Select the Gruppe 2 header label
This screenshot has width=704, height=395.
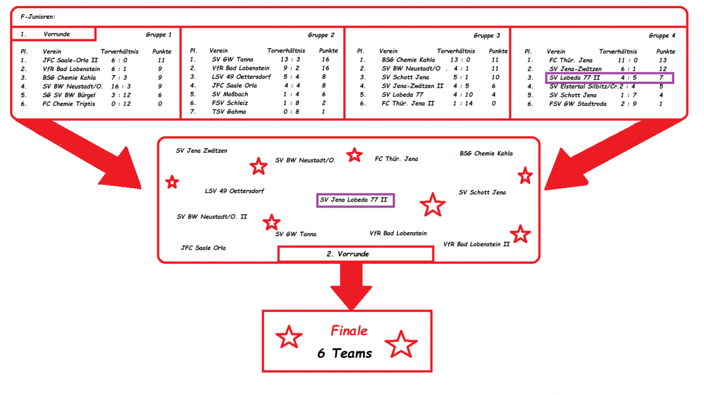[321, 35]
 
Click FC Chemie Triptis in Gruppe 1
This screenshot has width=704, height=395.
[68, 103]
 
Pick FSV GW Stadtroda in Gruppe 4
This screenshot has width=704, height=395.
[577, 103]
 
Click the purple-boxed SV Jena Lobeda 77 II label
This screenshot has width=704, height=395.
[356, 200]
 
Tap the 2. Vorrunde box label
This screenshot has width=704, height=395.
[356, 254]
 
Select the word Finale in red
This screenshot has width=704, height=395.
[350, 331]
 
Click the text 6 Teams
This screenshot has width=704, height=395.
[345, 353]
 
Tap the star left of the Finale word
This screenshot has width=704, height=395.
[289, 337]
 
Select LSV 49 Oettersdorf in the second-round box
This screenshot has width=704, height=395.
[234, 191]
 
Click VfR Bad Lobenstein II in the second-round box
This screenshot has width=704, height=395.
[476, 244]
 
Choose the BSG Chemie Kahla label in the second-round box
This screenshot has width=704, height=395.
[486, 153]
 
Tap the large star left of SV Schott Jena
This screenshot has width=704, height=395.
[432, 205]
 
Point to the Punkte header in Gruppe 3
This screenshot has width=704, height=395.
[498, 51]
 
